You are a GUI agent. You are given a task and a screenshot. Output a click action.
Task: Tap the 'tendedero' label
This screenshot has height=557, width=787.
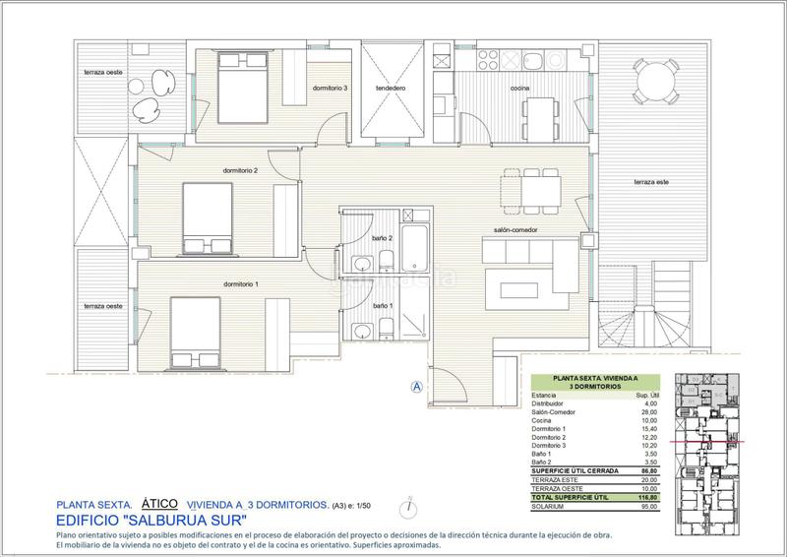391,89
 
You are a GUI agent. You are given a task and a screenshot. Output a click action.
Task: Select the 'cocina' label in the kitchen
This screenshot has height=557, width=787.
520,89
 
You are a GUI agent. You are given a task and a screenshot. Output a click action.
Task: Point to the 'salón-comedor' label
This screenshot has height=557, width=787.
515,232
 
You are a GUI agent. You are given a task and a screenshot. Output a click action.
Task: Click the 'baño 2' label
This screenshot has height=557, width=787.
383,238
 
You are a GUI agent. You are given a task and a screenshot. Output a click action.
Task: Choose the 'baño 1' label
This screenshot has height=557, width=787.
383,306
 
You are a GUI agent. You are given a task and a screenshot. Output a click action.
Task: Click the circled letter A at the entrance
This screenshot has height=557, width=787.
417,387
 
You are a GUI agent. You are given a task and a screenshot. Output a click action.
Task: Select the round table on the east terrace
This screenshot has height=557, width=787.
652,80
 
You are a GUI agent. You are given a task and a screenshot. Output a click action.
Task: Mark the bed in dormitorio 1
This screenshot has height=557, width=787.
199,330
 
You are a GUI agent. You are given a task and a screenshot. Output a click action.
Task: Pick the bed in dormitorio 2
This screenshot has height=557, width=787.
208,217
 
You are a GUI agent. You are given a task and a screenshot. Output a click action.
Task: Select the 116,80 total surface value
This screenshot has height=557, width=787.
648,499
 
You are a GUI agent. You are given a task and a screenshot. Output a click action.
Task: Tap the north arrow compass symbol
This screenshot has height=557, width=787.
405,508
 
